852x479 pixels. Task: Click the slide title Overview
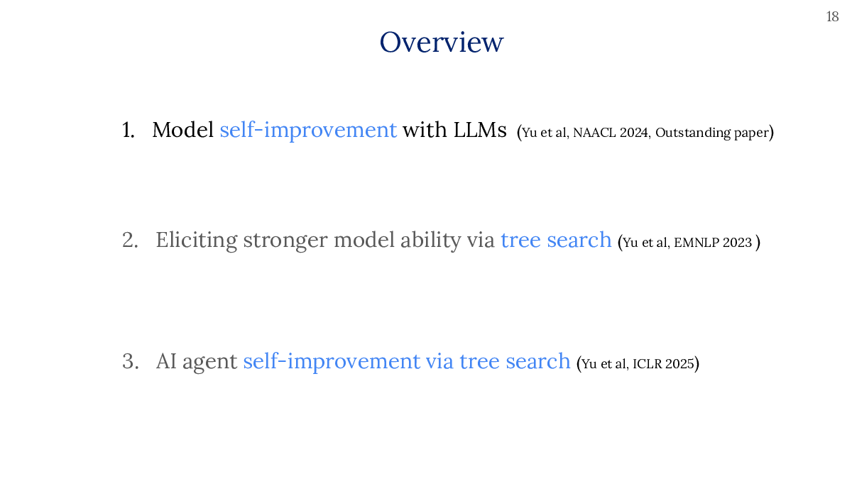coord(441,42)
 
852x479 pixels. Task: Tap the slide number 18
coord(832,17)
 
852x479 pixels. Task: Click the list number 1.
coord(129,130)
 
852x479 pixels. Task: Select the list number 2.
coord(130,241)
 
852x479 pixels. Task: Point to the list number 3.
coord(130,361)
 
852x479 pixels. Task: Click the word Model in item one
coord(182,130)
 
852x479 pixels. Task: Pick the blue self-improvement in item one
coord(308,130)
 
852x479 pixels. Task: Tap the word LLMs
coord(480,130)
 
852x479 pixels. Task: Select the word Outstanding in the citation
coord(693,133)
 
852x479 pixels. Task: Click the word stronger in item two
coord(285,241)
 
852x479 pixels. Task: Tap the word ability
coord(430,241)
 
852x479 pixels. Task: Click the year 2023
coord(738,243)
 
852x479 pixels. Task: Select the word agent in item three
coord(209,362)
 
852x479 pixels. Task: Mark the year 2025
coord(679,364)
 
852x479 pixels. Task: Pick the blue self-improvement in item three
coord(332,361)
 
